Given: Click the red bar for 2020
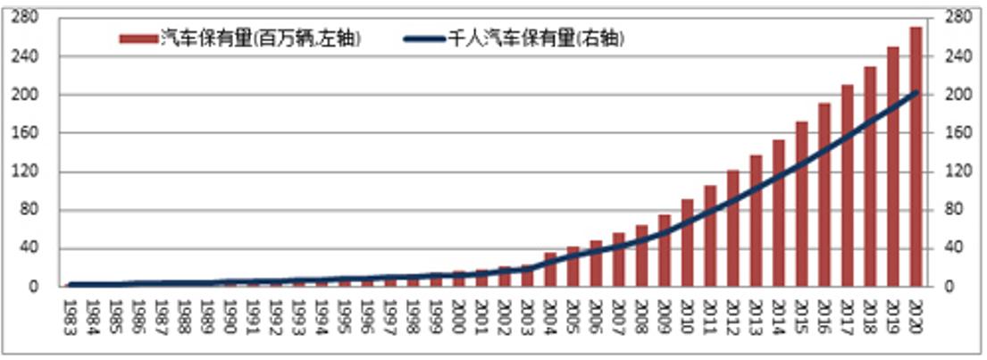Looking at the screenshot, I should point(916,156).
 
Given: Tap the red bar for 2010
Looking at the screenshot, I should point(687,242).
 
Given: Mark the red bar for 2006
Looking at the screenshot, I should point(596,264).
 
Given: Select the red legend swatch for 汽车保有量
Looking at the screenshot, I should point(138,38).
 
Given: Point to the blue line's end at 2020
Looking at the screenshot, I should point(916,93).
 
